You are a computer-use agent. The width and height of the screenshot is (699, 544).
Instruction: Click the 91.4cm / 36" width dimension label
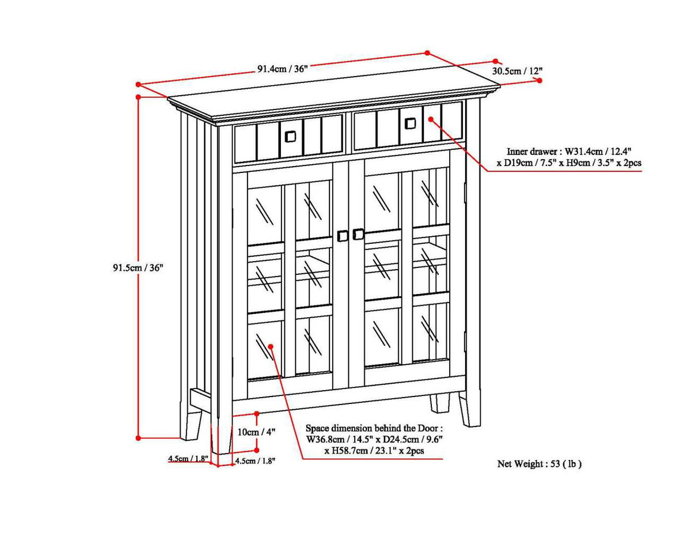point(283,69)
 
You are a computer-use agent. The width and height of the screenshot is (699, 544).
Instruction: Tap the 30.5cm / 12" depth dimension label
point(517,71)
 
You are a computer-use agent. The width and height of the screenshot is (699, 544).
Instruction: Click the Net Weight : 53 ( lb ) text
point(539,463)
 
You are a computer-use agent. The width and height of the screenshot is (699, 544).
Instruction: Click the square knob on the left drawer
point(290,136)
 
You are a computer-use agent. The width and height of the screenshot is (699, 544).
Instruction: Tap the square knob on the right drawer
point(410,123)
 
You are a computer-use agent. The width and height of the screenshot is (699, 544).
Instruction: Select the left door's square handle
point(343,236)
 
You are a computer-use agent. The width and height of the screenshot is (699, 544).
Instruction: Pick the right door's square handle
point(358,234)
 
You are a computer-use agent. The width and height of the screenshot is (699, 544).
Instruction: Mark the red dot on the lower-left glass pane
point(270,346)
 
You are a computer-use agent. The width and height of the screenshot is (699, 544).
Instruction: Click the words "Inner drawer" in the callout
point(525,151)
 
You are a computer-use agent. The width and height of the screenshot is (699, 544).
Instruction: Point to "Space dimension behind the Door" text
point(374,428)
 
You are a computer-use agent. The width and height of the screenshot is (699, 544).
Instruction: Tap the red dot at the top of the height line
point(138,97)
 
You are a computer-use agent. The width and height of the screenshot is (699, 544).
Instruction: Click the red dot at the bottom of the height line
point(138,438)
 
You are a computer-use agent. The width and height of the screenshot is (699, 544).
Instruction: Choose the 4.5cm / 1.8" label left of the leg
point(188,459)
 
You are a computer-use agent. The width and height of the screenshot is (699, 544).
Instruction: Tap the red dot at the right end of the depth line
point(540,81)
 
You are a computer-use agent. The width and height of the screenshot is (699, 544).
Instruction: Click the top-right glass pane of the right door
point(430,198)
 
